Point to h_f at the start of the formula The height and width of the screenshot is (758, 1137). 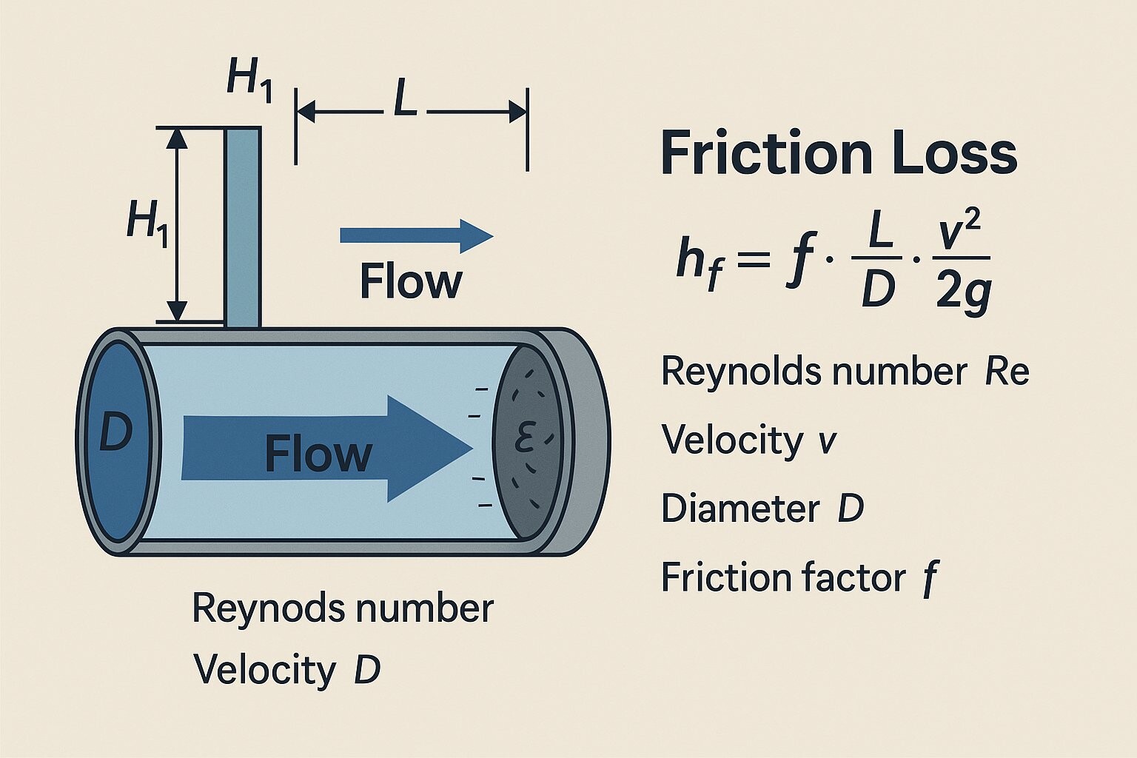(x=697, y=261)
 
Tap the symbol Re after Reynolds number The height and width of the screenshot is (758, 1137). (x=1007, y=372)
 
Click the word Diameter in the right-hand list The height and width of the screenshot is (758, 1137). (x=739, y=509)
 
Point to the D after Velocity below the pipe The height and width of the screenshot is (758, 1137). (x=366, y=670)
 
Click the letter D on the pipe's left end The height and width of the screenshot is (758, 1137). (x=115, y=434)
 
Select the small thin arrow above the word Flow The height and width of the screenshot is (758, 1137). (x=416, y=235)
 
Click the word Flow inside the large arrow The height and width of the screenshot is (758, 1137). (x=318, y=454)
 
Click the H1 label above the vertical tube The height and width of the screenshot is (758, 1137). (x=249, y=79)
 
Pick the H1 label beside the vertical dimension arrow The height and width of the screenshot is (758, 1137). (x=147, y=222)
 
